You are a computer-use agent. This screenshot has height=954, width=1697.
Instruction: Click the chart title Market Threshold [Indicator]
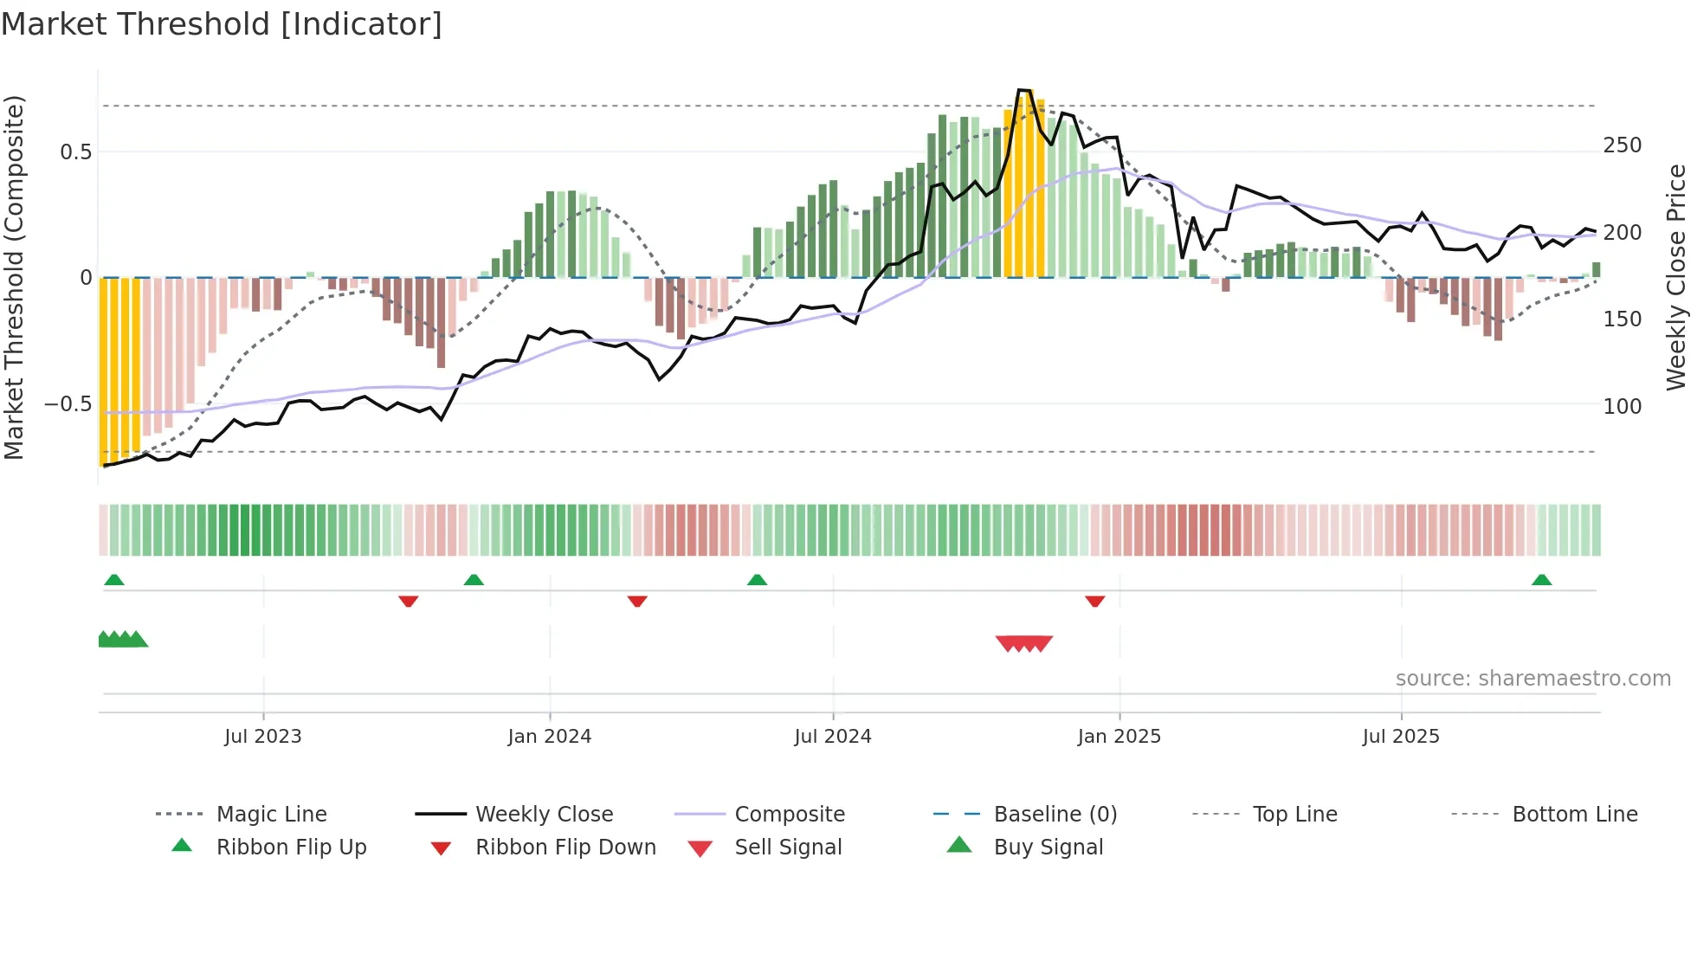pyautogui.click(x=222, y=24)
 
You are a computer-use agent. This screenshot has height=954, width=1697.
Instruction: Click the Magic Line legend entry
pyautogui.click(x=271, y=815)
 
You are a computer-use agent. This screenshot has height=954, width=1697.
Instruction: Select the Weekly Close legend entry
pyautogui.click(x=544, y=815)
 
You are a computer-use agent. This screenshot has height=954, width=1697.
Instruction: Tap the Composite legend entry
pyautogui.click(x=789, y=815)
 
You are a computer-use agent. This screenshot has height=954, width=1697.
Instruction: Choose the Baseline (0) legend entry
pyautogui.click(x=1055, y=815)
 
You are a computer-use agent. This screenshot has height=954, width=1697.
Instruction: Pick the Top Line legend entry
pyautogui.click(x=1294, y=815)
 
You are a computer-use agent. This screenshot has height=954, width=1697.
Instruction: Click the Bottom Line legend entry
pyautogui.click(x=1574, y=815)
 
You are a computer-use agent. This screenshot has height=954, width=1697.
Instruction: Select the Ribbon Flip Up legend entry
pyautogui.click(x=291, y=848)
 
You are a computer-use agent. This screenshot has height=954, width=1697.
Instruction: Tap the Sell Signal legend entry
pyautogui.click(x=788, y=848)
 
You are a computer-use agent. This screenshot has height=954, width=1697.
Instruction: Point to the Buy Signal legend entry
pyautogui.click(x=1048, y=848)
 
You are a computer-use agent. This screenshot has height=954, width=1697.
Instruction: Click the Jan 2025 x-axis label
pyautogui.click(x=1119, y=737)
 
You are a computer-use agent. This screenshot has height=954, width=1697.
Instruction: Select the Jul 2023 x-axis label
pyautogui.click(x=262, y=737)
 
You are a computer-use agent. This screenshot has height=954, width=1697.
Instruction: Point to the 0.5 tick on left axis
pyautogui.click(x=75, y=152)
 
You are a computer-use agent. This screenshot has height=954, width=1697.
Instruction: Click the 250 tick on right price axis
pyautogui.click(x=1622, y=145)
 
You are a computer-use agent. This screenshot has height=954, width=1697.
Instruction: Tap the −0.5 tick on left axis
pyautogui.click(x=68, y=404)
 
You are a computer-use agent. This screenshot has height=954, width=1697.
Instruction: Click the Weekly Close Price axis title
pyautogui.click(x=1676, y=277)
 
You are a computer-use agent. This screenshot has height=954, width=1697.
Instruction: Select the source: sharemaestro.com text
pyautogui.click(x=1532, y=679)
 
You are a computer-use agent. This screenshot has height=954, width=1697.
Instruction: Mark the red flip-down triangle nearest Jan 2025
pyautogui.click(x=1094, y=601)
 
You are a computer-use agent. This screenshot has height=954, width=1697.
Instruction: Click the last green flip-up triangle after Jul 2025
pyautogui.click(x=1541, y=580)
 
